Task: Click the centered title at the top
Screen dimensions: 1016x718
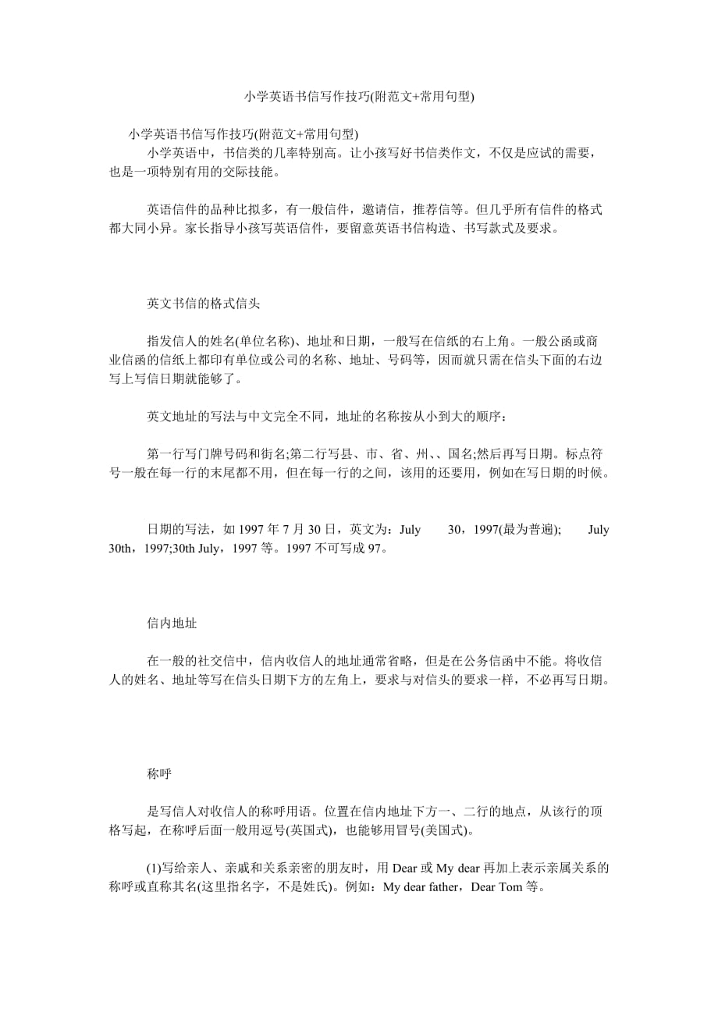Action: pos(359,97)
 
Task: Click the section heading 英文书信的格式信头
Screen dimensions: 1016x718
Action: pos(203,303)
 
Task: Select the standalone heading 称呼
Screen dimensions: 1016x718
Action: pos(158,774)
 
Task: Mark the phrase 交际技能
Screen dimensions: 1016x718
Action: pos(253,172)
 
